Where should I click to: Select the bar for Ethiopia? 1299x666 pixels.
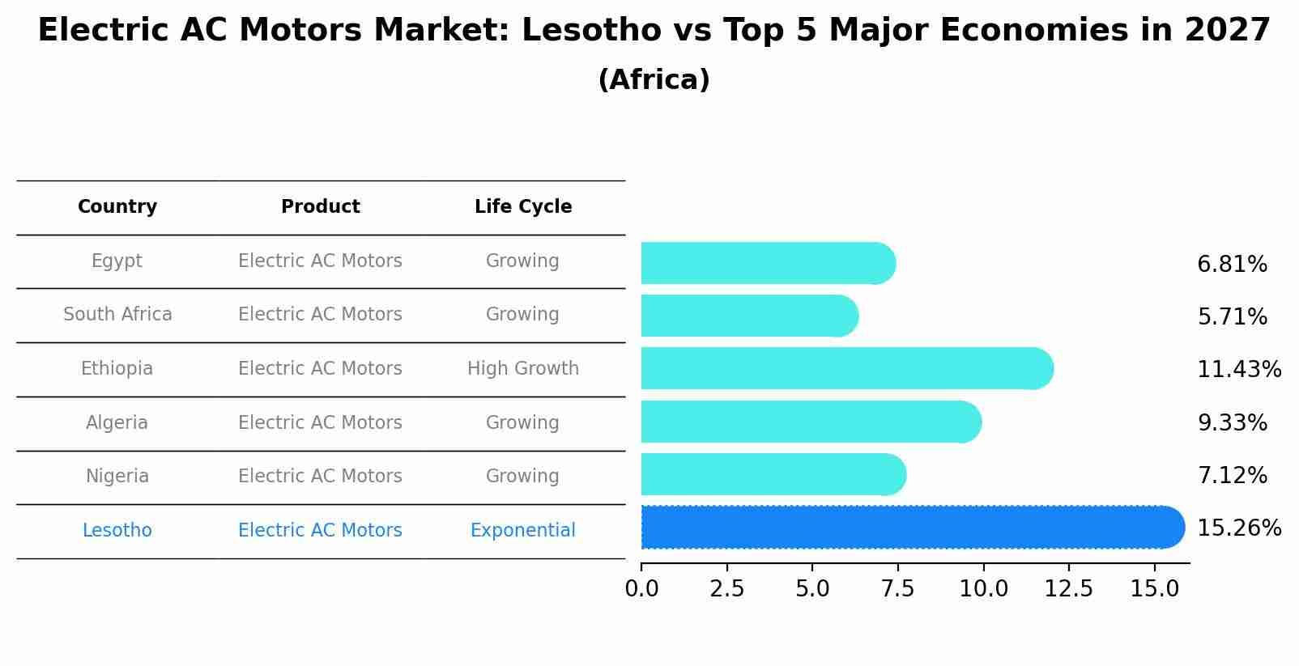tap(846, 369)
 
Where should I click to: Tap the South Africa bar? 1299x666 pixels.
tap(749, 316)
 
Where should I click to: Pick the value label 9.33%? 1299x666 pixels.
tap(1232, 423)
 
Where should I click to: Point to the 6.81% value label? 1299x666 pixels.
tap(1232, 265)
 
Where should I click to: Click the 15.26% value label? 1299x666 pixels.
tap(1238, 528)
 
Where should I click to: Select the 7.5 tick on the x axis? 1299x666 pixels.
tap(898, 589)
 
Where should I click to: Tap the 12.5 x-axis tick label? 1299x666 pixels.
tap(1068, 589)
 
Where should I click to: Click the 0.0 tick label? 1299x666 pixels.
tap(641, 589)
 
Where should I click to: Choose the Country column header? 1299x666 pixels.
tap(117, 207)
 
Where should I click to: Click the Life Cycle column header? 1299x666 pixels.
tap(523, 207)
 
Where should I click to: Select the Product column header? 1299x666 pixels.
tap(321, 207)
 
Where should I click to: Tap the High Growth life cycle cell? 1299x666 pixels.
tap(523, 369)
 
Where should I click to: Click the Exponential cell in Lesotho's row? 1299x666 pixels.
tap(523, 531)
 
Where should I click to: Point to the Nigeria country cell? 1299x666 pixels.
tap(117, 477)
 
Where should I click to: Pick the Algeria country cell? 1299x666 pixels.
tap(117, 423)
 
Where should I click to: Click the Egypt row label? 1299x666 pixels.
tap(117, 261)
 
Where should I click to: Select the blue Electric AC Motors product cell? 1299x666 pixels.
tap(321, 531)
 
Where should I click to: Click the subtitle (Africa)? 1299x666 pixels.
tap(654, 80)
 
